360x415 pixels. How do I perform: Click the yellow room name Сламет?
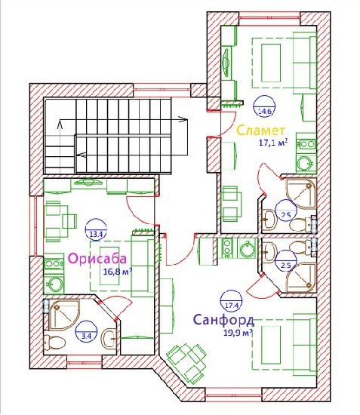pos(261,131)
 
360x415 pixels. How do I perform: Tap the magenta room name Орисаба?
pos(97,259)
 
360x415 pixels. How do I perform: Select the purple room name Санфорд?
pos(224,320)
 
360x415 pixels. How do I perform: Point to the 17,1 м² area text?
pos(273,143)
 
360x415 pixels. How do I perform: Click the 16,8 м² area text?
pos(117,272)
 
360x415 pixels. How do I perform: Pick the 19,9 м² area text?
pos(237,333)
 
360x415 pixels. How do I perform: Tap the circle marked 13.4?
pos(96,229)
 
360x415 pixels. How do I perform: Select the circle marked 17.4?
pos(232,300)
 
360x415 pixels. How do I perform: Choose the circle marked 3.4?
pos(86,331)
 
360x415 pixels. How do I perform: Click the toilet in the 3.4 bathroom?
pos(54,343)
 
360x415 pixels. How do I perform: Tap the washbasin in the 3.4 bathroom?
pos(109,339)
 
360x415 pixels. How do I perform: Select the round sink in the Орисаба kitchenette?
pos(54,284)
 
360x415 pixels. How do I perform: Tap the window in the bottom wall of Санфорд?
pos(233,396)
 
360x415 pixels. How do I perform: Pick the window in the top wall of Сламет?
pos(269,18)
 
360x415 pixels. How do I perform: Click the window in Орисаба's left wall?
pos(35,226)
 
